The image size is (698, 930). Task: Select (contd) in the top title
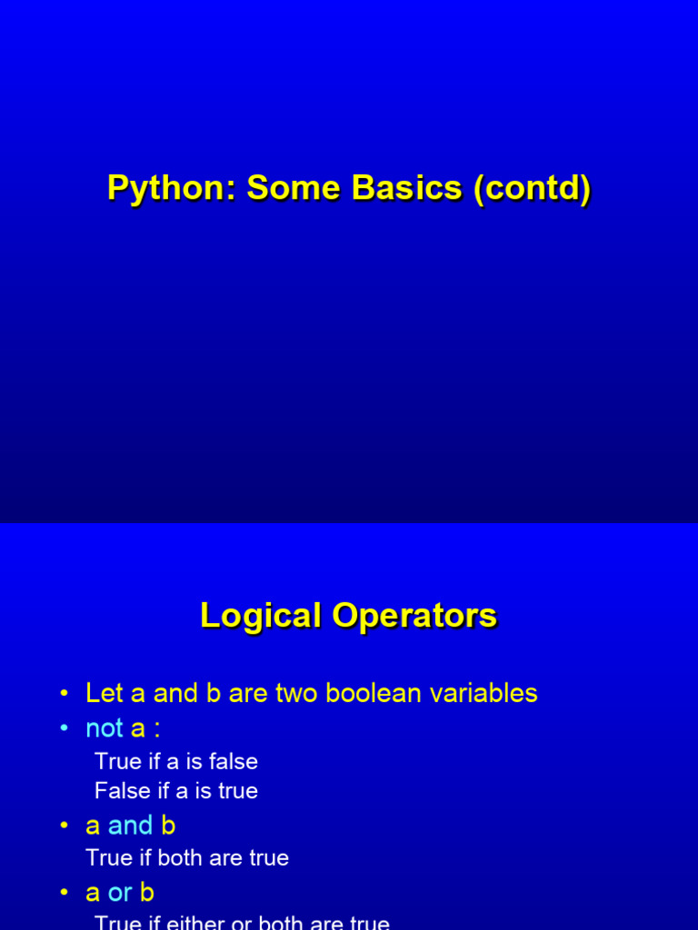532,189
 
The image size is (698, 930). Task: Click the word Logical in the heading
260,616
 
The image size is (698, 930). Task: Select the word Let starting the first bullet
104,693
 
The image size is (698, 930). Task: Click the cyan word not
104,728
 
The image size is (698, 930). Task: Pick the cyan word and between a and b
130,826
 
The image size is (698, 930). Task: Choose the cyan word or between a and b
120,893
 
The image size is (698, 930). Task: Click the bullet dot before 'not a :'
65,728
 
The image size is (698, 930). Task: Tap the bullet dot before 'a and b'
65,826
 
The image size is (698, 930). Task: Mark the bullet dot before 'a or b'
65,893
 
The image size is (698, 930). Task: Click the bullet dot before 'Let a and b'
65,694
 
